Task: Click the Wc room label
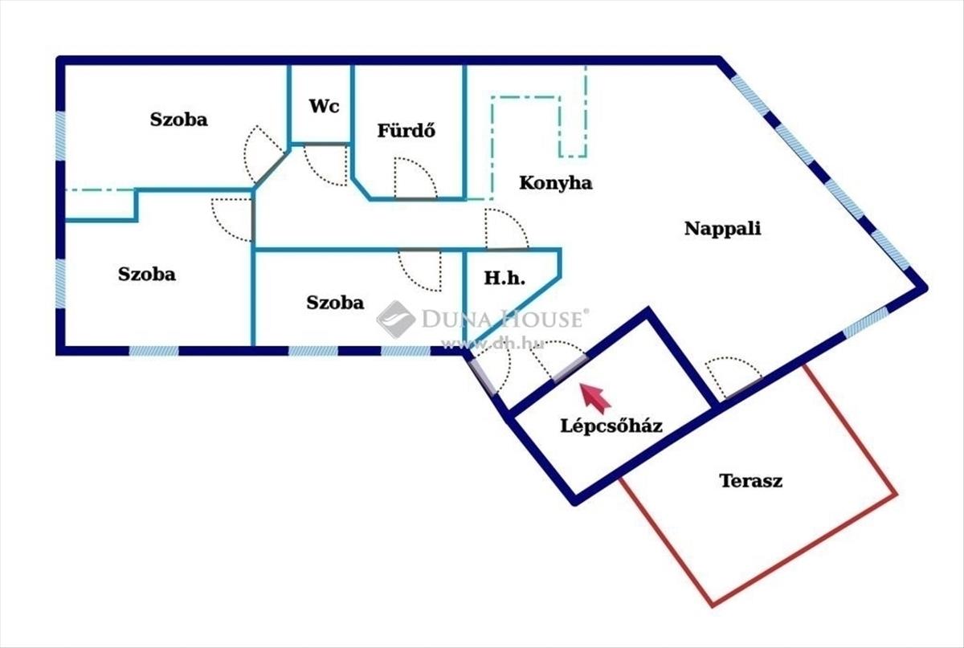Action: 320,106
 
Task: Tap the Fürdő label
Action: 406,130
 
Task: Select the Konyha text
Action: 556,183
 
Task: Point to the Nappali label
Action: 722,228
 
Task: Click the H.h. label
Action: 504,279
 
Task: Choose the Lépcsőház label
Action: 611,426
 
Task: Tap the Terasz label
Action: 751,482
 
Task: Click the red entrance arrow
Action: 594,397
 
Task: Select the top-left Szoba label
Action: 178,120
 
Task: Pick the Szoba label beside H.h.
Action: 335,303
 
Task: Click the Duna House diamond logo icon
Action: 395,319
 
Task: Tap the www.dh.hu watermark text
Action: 493,343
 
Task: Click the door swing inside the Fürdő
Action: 414,178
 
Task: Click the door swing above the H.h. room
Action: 505,230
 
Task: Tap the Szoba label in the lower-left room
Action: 147,274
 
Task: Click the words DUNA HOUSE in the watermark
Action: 501,320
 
